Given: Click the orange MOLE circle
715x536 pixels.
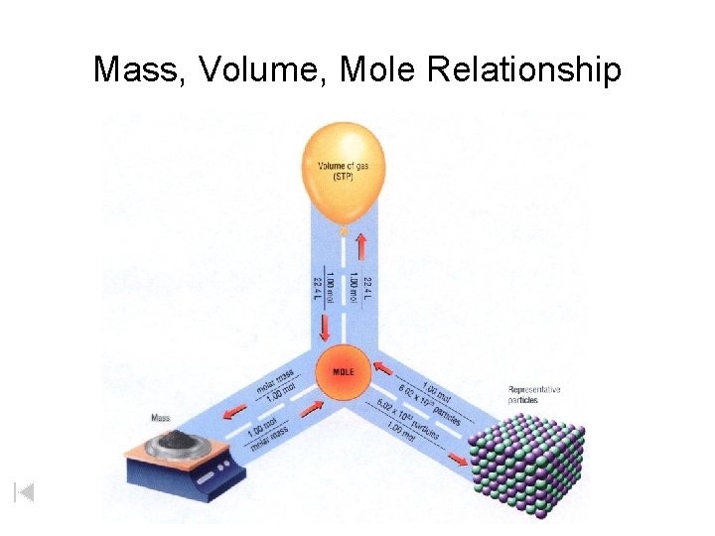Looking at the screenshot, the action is (x=343, y=371).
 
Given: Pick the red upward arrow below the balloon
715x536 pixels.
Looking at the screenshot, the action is (x=361, y=247).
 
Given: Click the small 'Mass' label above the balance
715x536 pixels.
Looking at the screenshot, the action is (x=160, y=418).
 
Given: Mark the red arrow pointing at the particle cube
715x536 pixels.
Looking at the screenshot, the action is (x=455, y=458).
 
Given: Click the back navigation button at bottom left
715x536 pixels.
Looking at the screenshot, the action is (x=25, y=491).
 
